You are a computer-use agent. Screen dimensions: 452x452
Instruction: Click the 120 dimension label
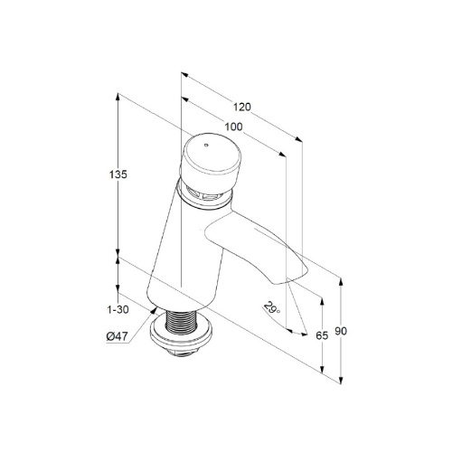242,107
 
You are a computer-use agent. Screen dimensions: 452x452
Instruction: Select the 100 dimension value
233,127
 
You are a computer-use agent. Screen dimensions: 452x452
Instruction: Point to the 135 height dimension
118,174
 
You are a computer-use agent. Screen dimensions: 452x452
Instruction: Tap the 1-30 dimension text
118,309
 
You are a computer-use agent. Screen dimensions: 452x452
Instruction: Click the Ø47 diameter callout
118,336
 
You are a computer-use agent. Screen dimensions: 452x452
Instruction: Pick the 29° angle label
272,308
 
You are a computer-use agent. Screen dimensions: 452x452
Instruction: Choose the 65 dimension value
322,335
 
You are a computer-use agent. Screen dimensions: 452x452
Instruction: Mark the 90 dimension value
341,331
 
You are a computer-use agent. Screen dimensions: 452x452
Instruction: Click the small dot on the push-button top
206,146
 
